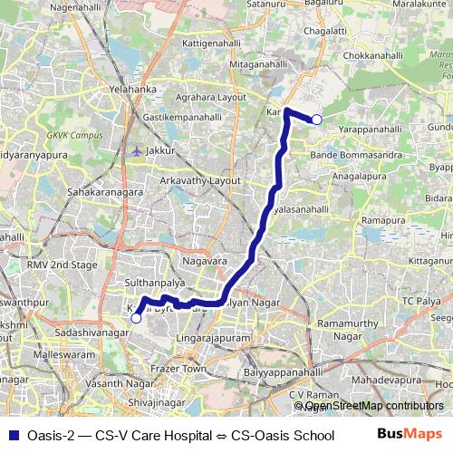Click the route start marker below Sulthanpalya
point(136,318)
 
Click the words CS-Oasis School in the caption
point(283,434)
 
